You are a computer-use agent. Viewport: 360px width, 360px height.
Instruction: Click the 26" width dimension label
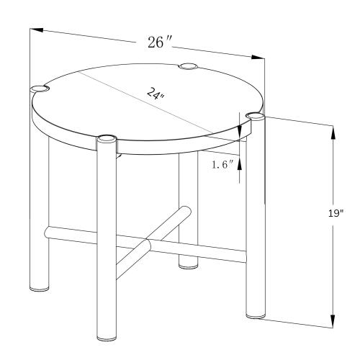160,42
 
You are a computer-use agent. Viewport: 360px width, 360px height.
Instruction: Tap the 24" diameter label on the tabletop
156,94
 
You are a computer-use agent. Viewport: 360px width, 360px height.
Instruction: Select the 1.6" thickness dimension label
222,165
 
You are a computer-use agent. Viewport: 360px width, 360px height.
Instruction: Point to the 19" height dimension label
336,213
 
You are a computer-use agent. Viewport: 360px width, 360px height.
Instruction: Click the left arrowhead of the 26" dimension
37,30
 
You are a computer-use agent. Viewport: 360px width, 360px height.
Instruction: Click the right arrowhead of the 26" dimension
258,58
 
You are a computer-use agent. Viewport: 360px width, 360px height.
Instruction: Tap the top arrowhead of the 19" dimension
333,132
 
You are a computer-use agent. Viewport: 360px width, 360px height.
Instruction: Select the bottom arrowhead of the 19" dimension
333,321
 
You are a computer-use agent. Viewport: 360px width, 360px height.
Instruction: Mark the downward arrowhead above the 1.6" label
239,132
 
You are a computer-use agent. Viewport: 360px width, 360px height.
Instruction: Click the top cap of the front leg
106,139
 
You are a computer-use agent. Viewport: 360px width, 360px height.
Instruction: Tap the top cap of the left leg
39,89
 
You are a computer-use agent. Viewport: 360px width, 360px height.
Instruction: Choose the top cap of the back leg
188,66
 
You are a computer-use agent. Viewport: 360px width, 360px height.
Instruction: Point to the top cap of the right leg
256,116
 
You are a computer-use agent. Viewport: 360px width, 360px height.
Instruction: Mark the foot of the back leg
188,265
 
